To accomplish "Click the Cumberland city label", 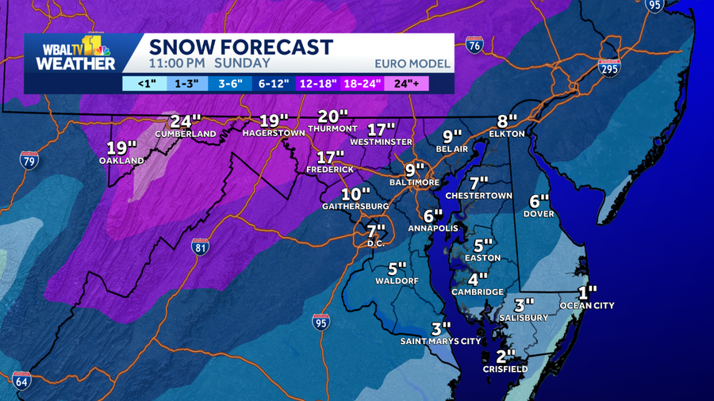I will coord(185,134).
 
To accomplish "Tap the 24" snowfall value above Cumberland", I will coord(185,121).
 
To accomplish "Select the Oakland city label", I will coord(121,160).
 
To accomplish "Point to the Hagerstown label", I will coord(274,133).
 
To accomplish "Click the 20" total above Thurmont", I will coord(333,116).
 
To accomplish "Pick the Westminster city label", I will coord(381,142).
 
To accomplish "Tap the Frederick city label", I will coord(330,170).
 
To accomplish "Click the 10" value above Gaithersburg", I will coord(355,194).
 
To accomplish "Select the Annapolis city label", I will coord(432,228).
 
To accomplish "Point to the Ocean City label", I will coord(586,305).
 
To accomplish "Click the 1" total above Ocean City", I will coord(586,292).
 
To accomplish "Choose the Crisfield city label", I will coord(505,369).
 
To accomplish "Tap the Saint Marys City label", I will coord(440,342).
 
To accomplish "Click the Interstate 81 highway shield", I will coord(201,246).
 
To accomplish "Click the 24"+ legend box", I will coord(408,83).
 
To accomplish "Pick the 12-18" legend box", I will coord(318,83).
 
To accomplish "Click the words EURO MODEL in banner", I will coord(412,63).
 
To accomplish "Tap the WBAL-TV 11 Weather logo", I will coord(75,53).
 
